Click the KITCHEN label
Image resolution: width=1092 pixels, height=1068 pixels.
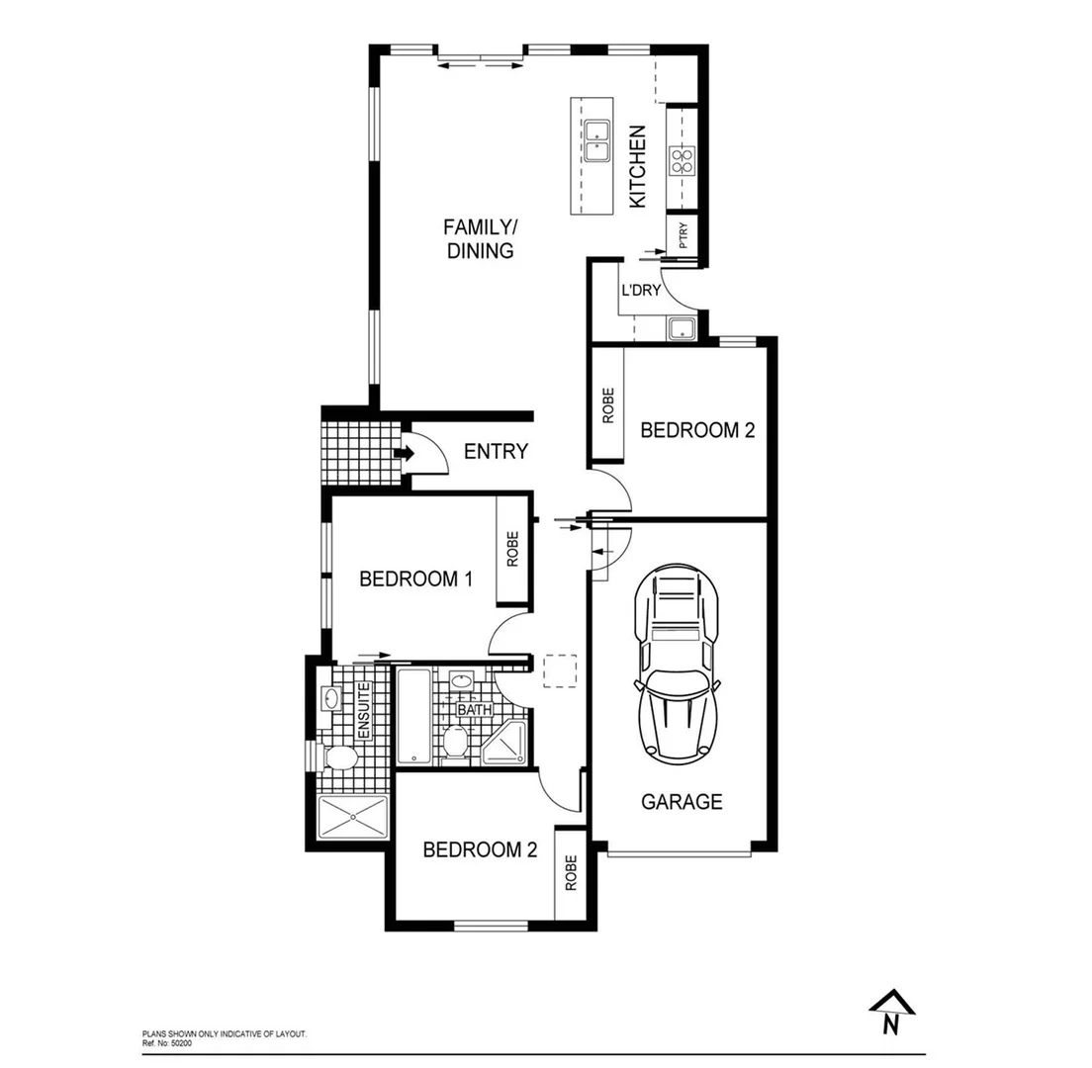[638, 166]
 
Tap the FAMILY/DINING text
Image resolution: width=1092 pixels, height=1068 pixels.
[479, 239]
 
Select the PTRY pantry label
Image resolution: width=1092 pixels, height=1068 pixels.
[682, 235]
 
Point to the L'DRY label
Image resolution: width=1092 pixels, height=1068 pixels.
[640, 292]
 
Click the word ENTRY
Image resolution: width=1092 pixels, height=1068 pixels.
[496, 452]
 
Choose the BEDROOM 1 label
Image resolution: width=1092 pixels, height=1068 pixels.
[414, 578]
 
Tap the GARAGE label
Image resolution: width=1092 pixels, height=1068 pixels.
[682, 801]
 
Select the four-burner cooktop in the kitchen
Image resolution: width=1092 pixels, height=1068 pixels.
[682, 160]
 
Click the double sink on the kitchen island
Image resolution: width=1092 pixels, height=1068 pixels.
[597, 140]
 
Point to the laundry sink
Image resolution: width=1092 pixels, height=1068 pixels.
[682, 329]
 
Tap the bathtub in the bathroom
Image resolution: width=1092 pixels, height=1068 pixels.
[414, 716]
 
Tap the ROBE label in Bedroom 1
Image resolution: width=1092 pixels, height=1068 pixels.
[512, 550]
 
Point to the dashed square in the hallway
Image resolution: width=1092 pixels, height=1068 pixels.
[560, 671]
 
